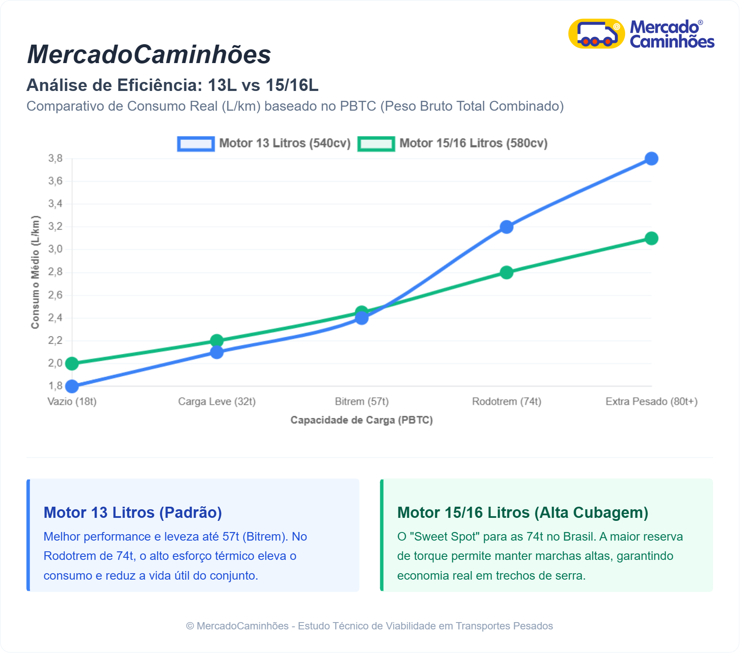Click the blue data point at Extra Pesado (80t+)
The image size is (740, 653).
click(x=651, y=159)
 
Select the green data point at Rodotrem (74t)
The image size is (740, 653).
click(x=506, y=272)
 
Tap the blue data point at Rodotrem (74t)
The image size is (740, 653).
click(x=506, y=227)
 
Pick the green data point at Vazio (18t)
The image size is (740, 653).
click(x=72, y=364)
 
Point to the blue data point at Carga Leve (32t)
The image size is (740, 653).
click(x=217, y=352)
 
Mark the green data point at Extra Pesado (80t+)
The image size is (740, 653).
click(x=651, y=239)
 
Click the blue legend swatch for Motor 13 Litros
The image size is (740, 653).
click(x=196, y=144)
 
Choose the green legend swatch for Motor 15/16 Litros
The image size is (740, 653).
click(x=376, y=144)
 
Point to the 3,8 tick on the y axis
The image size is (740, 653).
click(x=55, y=159)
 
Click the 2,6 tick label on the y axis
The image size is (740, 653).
click(x=55, y=295)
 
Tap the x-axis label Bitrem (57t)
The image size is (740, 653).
click(x=361, y=402)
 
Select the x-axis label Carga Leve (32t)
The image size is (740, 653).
click(x=217, y=402)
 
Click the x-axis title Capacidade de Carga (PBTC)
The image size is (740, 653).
click(x=361, y=420)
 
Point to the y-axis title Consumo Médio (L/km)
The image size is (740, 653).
click(x=35, y=272)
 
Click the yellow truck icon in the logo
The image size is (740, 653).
click(x=596, y=33)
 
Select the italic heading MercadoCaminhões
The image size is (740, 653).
click(x=149, y=54)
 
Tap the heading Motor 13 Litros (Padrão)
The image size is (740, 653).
click(x=132, y=513)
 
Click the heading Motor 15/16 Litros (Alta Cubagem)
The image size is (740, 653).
click(x=523, y=513)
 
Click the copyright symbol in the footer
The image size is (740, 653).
click(x=190, y=626)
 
